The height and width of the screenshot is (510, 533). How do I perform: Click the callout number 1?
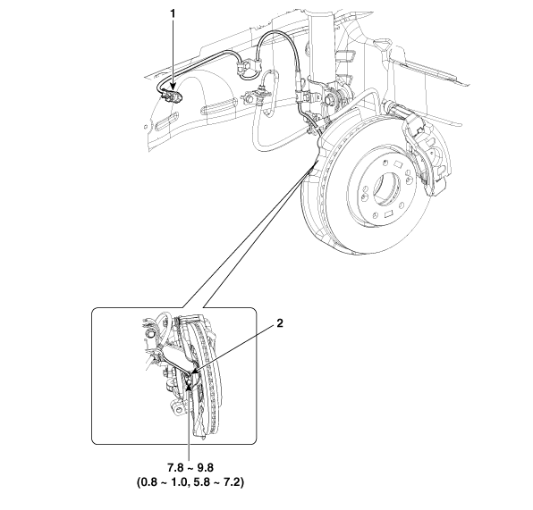pos(173,14)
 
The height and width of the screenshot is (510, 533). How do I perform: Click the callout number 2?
pos(279,323)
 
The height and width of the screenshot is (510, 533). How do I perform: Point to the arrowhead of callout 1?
pos(173,88)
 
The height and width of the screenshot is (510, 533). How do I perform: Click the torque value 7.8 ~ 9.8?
pos(190,467)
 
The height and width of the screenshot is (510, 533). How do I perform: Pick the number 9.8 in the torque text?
pos(206,467)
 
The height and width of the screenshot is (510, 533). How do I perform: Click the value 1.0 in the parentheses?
pos(179,482)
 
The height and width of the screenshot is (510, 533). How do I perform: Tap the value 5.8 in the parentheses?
pos(199,482)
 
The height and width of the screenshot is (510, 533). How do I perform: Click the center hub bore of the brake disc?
pos(388,188)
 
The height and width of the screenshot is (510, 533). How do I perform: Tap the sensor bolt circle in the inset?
pos(188,381)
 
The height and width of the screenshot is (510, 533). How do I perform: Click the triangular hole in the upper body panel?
pos(383,43)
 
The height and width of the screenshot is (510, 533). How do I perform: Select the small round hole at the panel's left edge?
pos(146,127)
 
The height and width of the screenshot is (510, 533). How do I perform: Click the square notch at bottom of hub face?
pos(388,214)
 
